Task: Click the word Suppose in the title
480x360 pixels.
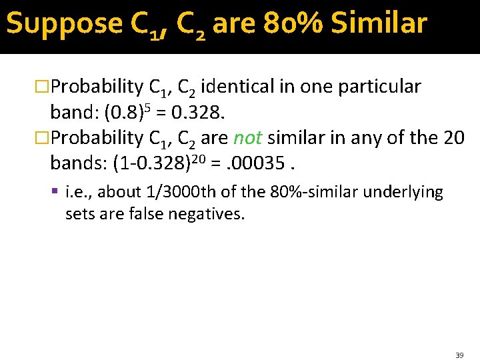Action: [x=64, y=24]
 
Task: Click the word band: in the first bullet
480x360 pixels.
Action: [x=69, y=112]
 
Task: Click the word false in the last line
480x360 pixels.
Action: [x=151, y=214]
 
